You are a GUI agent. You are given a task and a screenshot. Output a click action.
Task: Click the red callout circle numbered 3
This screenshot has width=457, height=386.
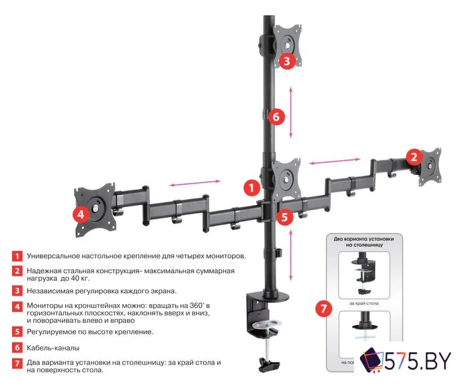coord(286,60)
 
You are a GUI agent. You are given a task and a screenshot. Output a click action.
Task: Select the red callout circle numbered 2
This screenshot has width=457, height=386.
coord(413,157)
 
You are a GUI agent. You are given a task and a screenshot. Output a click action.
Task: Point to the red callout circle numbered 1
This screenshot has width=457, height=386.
coord(251,187)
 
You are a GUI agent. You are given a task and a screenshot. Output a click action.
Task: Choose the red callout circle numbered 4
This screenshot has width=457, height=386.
coord(80,214)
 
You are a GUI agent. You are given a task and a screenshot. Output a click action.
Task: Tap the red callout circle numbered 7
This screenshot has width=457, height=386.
coord(324,309)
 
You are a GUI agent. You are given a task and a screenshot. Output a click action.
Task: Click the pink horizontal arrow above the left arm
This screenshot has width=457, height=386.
coord(194,183)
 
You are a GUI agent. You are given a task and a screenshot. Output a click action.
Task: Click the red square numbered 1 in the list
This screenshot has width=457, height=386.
coord(17,256)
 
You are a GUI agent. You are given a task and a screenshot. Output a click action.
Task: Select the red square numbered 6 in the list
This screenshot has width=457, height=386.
coord(17,348)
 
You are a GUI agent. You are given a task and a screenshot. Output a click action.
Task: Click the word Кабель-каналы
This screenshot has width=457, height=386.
coord(53,348)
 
